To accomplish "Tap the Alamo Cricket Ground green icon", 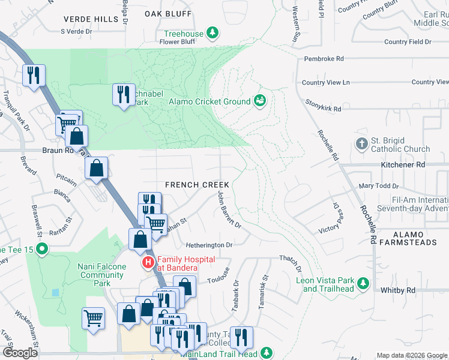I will click(260, 101).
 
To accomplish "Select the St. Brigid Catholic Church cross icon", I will click(361, 143).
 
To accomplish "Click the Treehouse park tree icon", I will click(212, 32).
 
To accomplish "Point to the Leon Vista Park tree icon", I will click(363, 283).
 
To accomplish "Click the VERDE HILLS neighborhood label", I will click(91, 19).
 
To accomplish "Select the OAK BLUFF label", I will click(164, 12).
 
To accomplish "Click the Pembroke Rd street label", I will click(324, 59).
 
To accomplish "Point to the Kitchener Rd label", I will click(403, 164).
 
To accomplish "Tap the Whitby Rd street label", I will click(398, 290).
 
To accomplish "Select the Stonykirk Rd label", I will click(323, 109).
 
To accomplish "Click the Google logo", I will click(20, 353).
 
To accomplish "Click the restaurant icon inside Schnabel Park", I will click(123, 94).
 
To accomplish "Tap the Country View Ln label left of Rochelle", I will click(325, 83).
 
